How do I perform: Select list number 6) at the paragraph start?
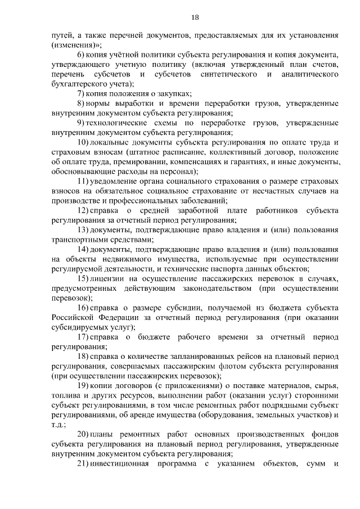(x=81, y=55)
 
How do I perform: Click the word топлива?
(x=66, y=395)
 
